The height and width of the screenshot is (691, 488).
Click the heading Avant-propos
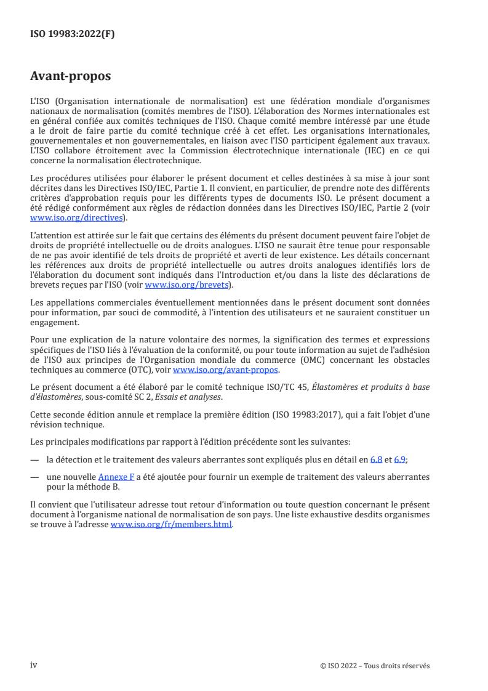tap(71, 76)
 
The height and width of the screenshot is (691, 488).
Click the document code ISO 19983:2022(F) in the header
tap(73, 34)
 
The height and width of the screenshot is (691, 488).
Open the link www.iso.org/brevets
tap(186, 285)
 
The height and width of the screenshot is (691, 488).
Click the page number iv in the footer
tap(34, 665)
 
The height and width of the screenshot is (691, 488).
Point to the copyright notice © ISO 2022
tap(375, 666)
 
